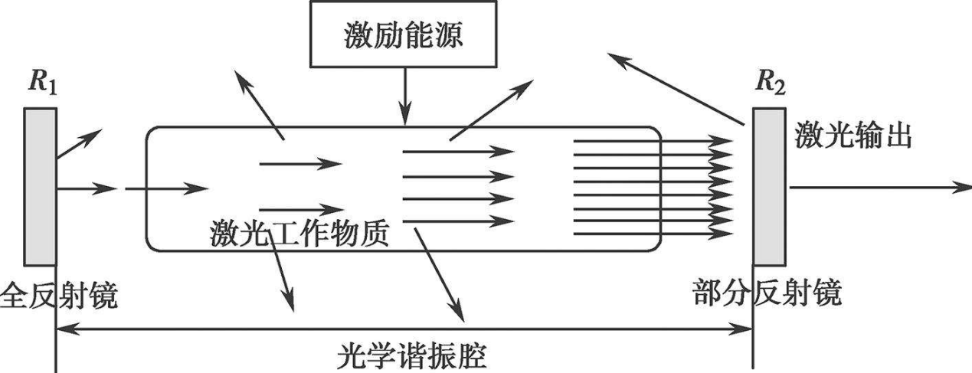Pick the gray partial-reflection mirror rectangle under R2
(769, 195)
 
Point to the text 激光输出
(853, 139)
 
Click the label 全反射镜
(59, 294)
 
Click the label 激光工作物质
(299, 233)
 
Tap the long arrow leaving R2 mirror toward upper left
(674, 88)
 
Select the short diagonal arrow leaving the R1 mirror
(77, 145)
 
